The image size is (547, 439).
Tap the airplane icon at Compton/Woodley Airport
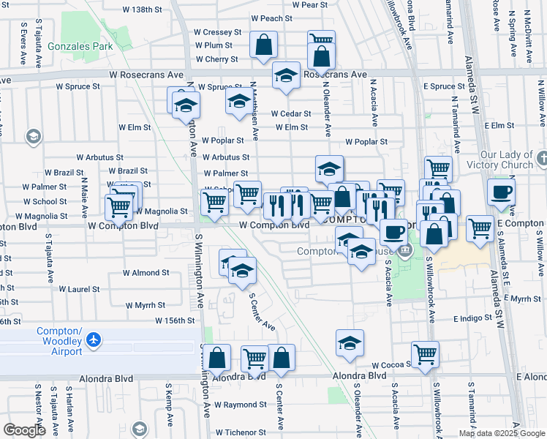92,339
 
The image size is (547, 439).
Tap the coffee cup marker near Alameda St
501,192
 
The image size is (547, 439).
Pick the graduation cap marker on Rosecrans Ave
287,75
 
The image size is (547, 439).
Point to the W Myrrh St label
146,305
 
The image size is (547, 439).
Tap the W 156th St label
175,320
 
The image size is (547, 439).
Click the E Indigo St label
475,319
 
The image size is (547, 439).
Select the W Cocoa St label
389,364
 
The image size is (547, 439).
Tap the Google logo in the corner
24,429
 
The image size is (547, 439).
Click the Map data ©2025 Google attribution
501,433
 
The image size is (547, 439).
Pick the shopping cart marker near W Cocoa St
425,354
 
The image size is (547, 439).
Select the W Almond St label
146,272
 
